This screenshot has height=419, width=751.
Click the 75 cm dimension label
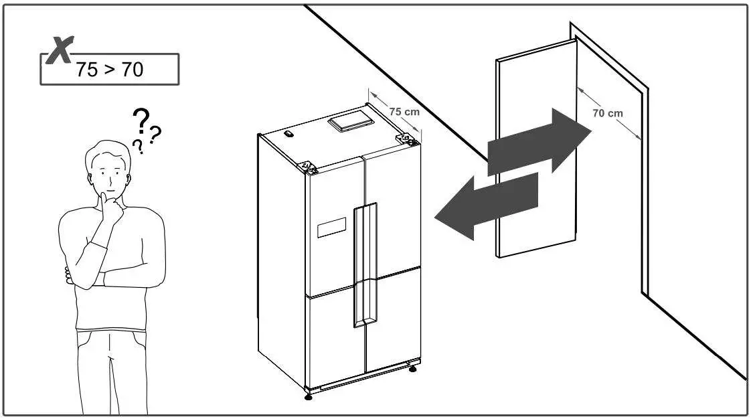click(x=405, y=112)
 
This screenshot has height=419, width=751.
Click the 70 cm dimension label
click(x=607, y=113)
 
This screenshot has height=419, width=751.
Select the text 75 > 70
click(x=110, y=70)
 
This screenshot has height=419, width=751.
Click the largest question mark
click(x=141, y=121)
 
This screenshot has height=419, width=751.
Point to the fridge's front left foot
click(x=309, y=396)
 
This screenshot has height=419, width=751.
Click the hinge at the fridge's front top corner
click(x=309, y=166)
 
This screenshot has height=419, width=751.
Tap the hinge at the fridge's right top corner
click(x=406, y=138)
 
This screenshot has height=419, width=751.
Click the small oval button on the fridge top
click(x=288, y=134)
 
